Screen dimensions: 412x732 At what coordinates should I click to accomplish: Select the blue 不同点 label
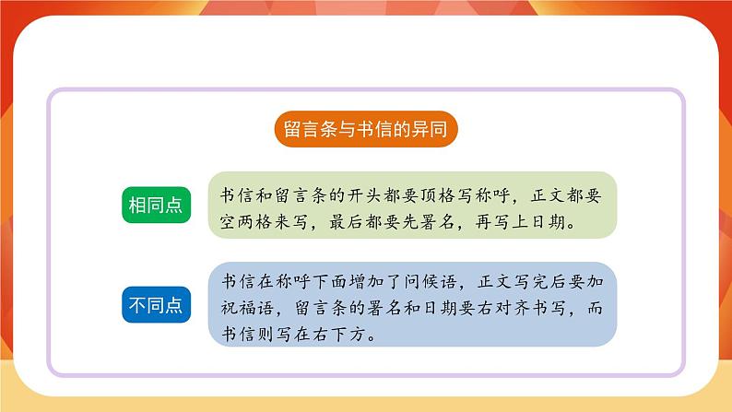pos(155,303)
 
